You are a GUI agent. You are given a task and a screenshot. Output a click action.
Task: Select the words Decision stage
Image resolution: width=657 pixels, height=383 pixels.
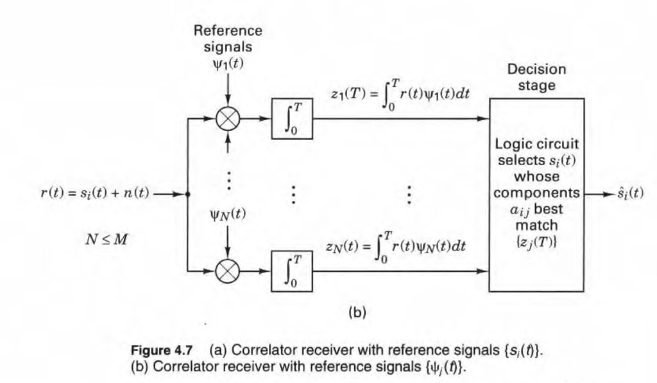pos(536,77)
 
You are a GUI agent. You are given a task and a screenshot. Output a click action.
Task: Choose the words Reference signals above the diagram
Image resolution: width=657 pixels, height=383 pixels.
pos(228,39)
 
